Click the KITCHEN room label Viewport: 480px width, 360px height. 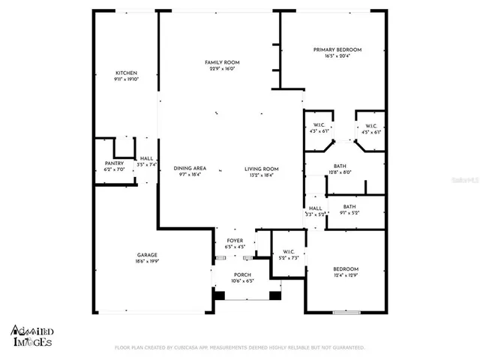tap(126, 73)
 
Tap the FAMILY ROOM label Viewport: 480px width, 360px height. tap(222, 62)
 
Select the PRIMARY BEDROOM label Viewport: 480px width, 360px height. tap(336, 49)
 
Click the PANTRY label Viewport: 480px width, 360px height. tap(114, 163)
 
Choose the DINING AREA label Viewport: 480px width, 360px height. tap(190, 168)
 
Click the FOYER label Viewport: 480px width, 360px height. tap(235, 241)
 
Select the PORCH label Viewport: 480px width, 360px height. tap(242, 274)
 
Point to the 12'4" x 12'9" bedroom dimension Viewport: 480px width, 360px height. tap(346, 274)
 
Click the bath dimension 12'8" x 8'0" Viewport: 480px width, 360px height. tap(340, 172)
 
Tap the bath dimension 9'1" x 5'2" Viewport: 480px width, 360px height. tap(349, 213)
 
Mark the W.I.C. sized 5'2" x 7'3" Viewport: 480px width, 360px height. tap(287, 258)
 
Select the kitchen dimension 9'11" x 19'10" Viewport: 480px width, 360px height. tap(126, 79)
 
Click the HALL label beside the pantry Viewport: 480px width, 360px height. tap(146, 159)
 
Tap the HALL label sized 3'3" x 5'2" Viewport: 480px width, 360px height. tap(315, 214)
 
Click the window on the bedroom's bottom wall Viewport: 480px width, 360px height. tap(344, 313)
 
